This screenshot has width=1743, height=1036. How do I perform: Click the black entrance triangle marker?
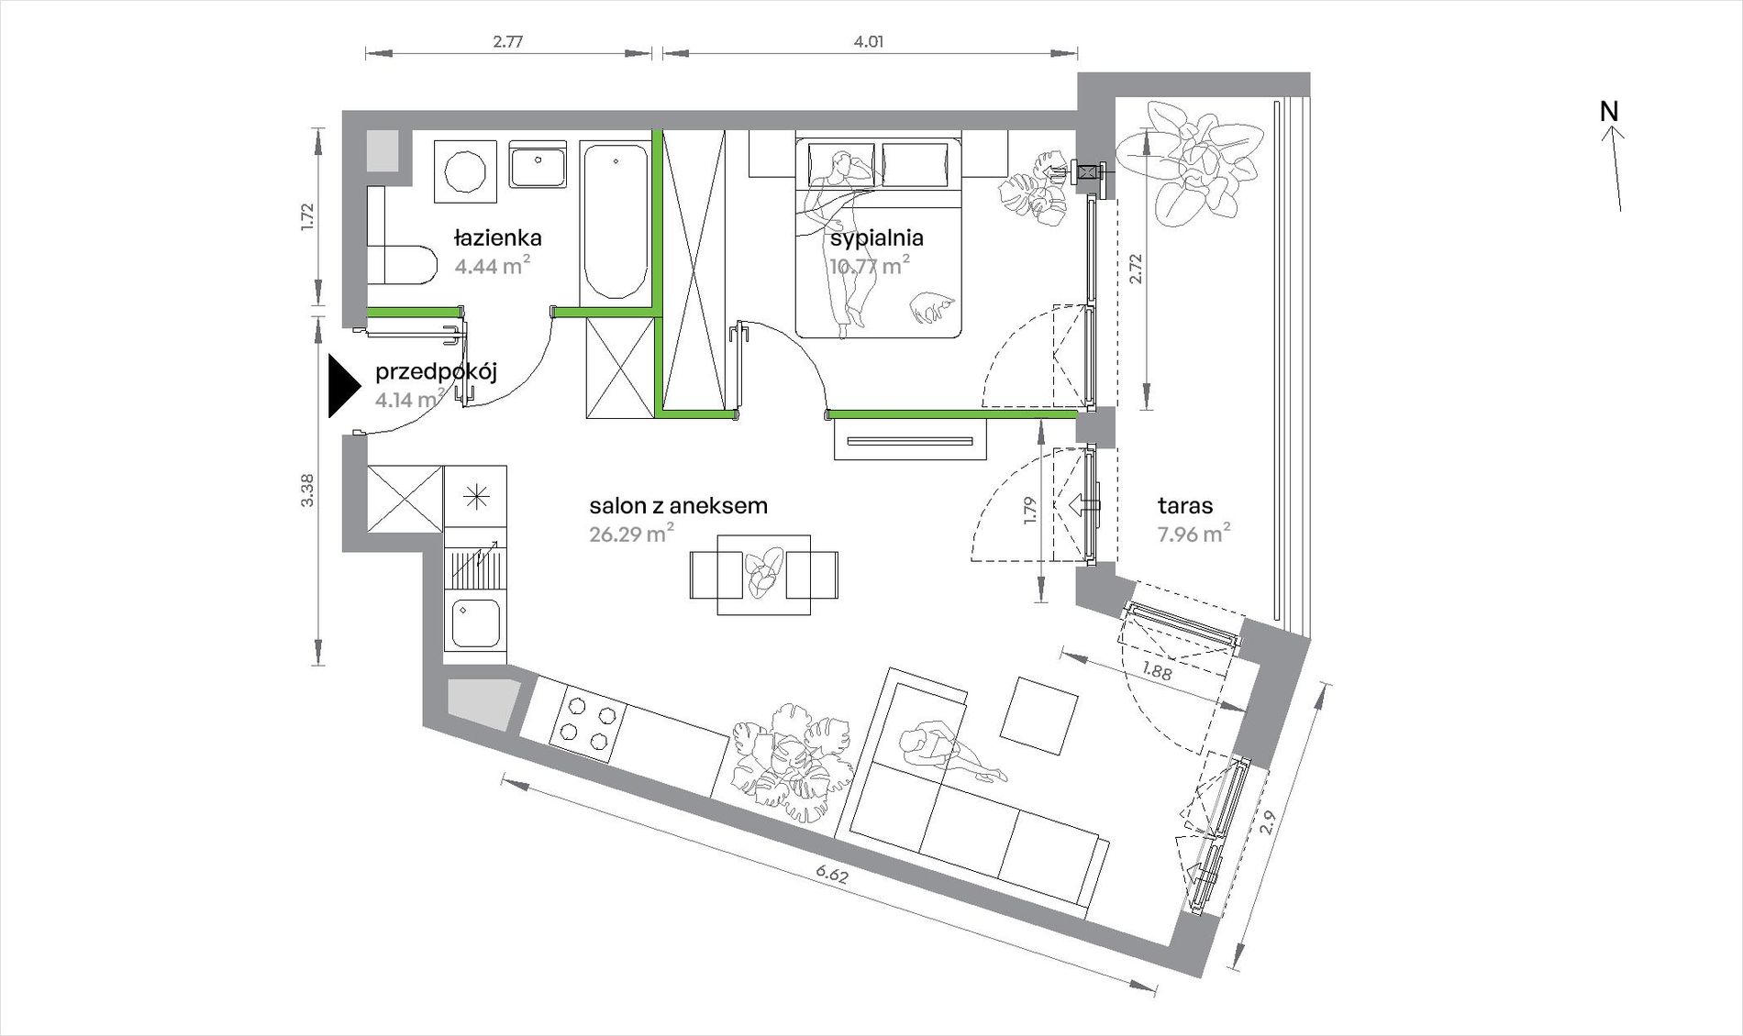click(344, 386)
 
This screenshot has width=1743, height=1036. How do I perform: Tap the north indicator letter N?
click(1609, 111)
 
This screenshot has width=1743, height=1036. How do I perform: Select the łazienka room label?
click(498, 238)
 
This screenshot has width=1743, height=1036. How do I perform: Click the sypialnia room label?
click(876, 238)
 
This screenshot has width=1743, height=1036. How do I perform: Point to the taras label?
click(1185, 505)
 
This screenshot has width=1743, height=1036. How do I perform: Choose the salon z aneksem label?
click(678, 505)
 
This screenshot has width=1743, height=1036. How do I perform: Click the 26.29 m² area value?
click(632, 534)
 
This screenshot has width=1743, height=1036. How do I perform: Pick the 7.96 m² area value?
click(1193, 534)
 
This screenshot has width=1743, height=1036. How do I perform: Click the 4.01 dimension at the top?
click(869, 41)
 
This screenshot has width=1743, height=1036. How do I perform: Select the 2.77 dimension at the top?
click(507, 41)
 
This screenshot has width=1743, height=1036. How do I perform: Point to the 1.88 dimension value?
click(1157, 669)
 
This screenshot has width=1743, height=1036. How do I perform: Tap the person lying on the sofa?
click(950, 753)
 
